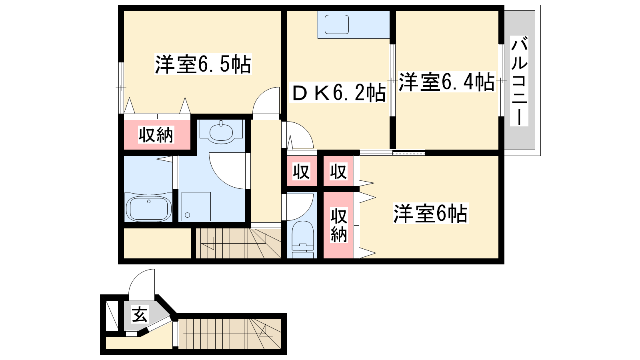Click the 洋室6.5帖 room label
click(x=203, y=64)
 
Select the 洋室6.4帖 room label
click(x=446, y=82)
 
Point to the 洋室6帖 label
click(x=430, y=213)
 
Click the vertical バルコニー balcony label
click(x=519, y=81)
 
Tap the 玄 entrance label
click(x=140, y=314)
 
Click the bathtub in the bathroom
click(x=148, y=208)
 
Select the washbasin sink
click(x=221, y=132)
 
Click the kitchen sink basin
click(x=337, y=24)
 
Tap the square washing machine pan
click(x=196, y=206)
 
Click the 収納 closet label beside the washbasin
click(x=156, y=134)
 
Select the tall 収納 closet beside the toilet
click(x=338, y=225)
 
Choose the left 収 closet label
click(x=302, y=172)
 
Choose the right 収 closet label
click(x=338, y=172)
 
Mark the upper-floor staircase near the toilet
click(x=238, y=243)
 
